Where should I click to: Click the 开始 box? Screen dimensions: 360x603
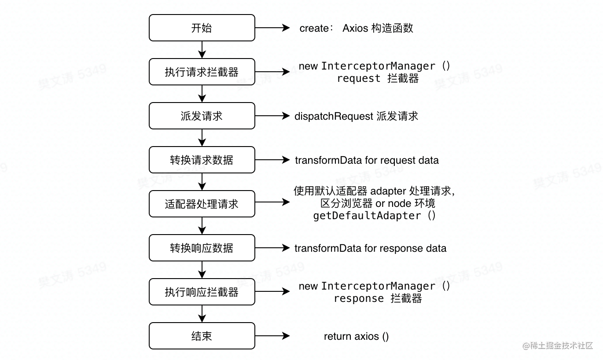(x=202, y=28)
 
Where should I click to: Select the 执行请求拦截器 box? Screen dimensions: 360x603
(x=202, y=72)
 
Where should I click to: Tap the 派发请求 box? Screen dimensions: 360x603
(x=202, y=116)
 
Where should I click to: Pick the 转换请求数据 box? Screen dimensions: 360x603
(x=202, y=160)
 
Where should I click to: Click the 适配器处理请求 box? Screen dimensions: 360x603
(x=202, y=204)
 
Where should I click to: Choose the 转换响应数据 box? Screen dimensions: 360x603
(x=202, y=248)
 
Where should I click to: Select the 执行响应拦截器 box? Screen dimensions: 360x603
(x=202, y=292)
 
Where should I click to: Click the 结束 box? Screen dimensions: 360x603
(x=202, y=336)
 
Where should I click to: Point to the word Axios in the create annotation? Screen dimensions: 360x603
(x=355, y=28)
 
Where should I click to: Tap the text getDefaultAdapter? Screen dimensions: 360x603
(x=367, y=216)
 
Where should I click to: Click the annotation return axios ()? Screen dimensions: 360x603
(x=356, y=336)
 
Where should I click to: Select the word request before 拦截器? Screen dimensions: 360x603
(x=359, y=78)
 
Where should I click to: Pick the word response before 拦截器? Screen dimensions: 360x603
(x=359, y=298)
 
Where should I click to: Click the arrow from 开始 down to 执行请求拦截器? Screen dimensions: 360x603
(x=202, y=50)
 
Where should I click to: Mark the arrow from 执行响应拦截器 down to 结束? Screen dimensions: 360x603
(x=202, y=314)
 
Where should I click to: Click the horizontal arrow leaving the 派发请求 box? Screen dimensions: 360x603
(x=272, y=116)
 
